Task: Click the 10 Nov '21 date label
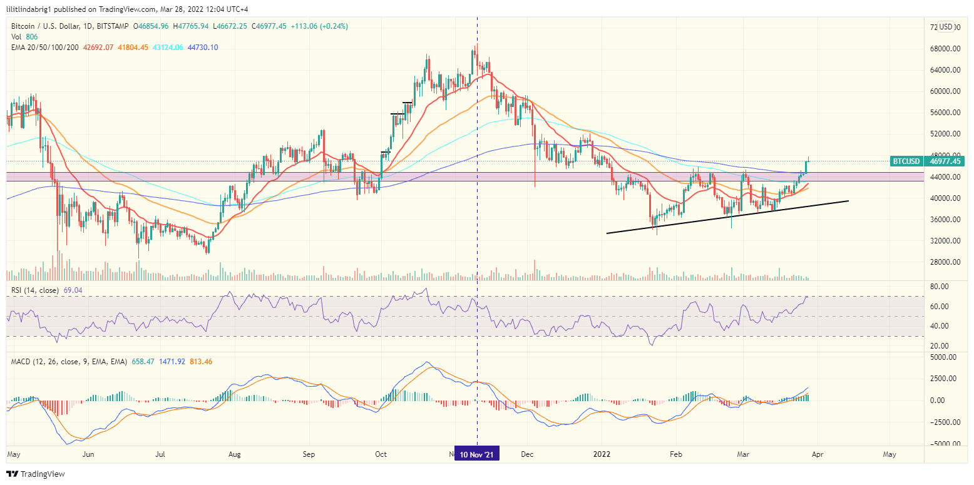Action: tap(477, 455)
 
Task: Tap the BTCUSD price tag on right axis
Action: tap(906, 161)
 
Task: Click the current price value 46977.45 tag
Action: tap(944, 161)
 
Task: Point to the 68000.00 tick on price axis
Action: tap(945, 49)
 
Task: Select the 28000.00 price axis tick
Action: tap(945, 262)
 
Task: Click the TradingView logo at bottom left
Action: tap(36, 474)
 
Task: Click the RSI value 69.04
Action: tap(73, 290)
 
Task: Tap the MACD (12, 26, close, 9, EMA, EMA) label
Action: tap(68, 362)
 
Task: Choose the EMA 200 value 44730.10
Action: tap(197, 48)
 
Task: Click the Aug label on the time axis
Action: tap(235, 455)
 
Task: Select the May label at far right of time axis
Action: tap(889, 455)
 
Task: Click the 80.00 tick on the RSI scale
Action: tap(940, 287)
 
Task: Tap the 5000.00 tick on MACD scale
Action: tap(945, 357)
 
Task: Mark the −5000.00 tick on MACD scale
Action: tap(944, 444)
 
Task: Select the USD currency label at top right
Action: tap(945, 27)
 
